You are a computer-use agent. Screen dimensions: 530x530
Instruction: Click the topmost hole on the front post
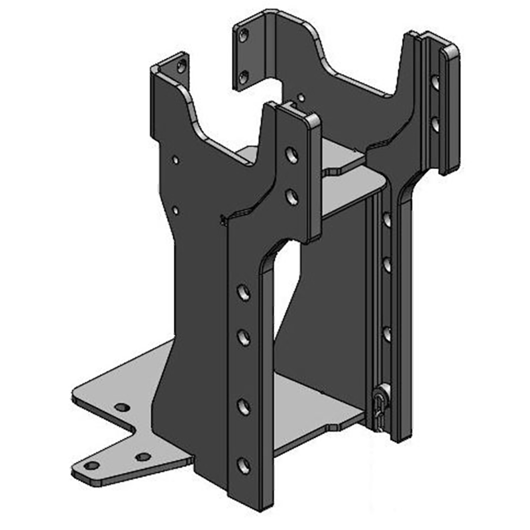pos(291,154)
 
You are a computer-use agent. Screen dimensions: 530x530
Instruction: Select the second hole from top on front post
pos(291,196)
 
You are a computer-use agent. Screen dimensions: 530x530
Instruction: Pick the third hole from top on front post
pos(244,292)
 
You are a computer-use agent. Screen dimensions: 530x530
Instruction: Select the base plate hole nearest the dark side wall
pos(143,456)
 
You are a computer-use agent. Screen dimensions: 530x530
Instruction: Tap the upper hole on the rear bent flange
pos(244,34)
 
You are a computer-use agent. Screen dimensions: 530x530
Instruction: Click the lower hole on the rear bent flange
pos(244,78)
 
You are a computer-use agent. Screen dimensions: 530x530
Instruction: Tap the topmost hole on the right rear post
pos(435,83)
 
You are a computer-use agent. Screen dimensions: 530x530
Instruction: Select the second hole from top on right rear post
pos(435,123)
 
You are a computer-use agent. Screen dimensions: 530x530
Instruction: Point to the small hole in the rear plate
pos(301,98)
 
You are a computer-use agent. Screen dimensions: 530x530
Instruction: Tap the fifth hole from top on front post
pos(244,406)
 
